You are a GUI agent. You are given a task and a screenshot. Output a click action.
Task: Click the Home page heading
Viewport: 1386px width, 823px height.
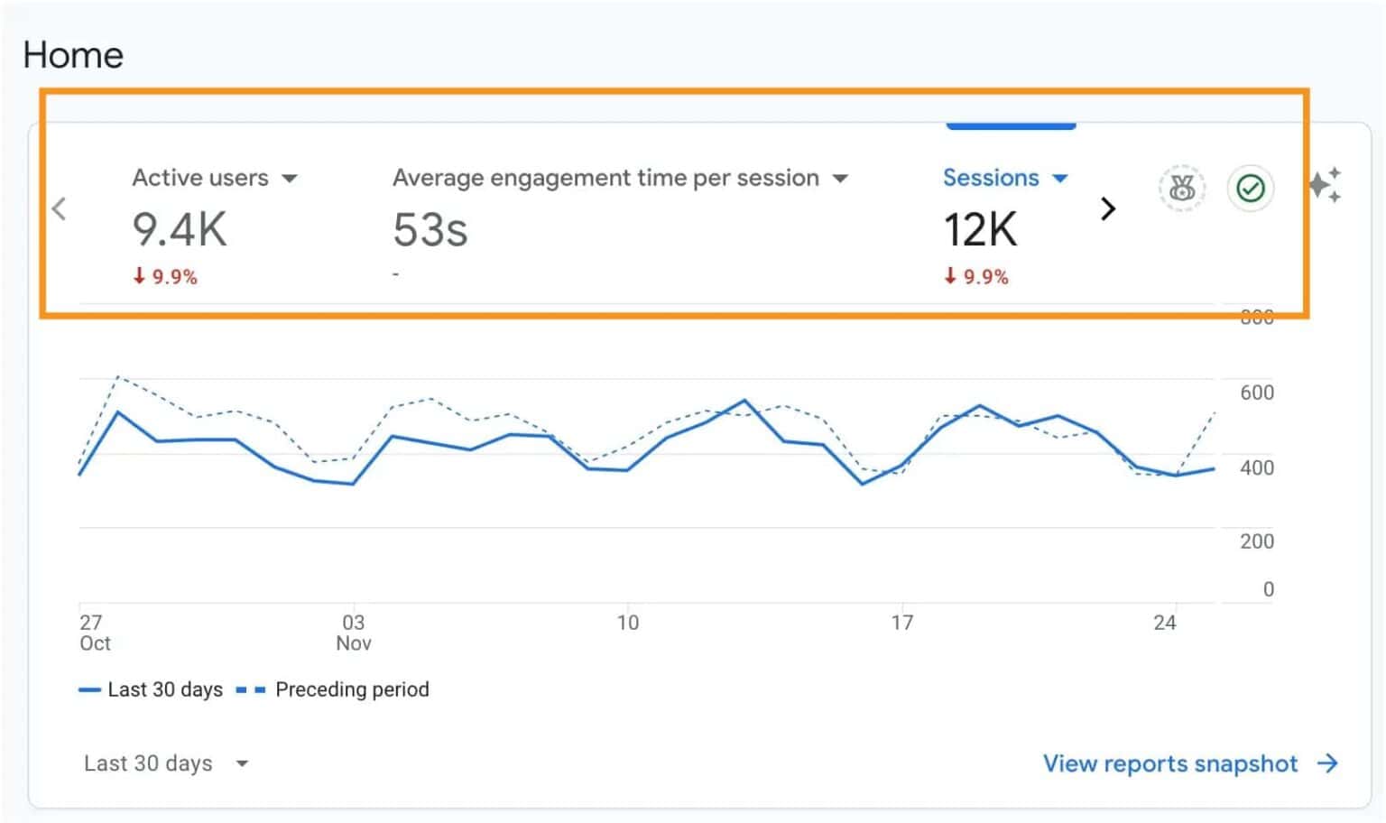pyautogui.click(x=73, y=55)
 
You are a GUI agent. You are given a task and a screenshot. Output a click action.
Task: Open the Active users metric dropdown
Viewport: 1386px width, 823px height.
pyautogui.click(x=289, y=179)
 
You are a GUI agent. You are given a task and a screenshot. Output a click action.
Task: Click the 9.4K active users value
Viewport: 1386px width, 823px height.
pyautogui.click(x=180, y=229)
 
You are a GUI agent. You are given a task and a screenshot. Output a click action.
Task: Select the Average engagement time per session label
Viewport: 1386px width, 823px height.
pyautogui.click(x=605, y=178)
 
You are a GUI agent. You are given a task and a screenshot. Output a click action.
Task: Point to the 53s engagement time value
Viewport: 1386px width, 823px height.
pyautogui.click(x=430, y=230)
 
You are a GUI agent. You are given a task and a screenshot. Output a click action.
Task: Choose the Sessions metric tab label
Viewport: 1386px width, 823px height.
pyautogui.click(x=991, y=178)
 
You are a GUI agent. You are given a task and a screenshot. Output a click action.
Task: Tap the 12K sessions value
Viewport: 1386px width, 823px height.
pyautogui.click(x=980, y=229)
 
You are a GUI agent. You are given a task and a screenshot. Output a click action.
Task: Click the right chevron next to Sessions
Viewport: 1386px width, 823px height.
pyautogui.click(x=1108, y=209)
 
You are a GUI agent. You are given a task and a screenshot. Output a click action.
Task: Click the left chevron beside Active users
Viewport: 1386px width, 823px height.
pyautogui.click(x=60, y=209)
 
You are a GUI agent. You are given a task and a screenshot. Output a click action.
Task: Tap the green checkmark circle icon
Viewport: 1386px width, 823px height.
pyautogui.click(x=1250, y=189)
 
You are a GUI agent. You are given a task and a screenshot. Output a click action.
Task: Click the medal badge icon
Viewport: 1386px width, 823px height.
pyautogui.click(x=1181, y=189)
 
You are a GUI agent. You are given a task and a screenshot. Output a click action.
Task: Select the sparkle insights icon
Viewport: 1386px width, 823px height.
pyautogui.click(x=1325, y=185)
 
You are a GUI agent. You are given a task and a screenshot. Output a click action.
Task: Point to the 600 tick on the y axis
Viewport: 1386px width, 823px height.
pyautogui.click(x=1256, y=393)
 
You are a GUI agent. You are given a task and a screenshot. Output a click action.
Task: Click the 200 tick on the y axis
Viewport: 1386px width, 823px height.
pyautogui.click(x=1256, y=541)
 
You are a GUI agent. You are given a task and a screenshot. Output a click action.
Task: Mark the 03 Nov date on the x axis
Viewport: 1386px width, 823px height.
pyautogui.click(x=354, y=633)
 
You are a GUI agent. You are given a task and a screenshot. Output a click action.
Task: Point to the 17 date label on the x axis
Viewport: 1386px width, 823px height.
pyautogui.click(x=901, y=623)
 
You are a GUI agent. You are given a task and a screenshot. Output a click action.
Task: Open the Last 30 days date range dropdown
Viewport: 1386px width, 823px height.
pyautogui.click(x=165, y=763)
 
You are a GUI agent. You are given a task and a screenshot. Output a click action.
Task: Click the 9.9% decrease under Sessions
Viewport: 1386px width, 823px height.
pyautogui.click(x=976, y=277)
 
